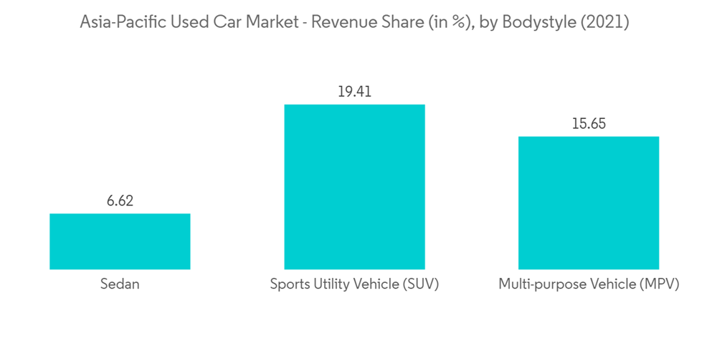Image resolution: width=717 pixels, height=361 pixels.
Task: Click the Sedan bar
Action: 120,241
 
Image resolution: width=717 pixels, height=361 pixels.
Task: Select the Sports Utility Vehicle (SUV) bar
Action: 354,187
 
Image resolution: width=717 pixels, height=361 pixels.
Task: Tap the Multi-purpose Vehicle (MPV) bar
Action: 589,203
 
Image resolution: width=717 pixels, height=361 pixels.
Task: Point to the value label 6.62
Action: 120,201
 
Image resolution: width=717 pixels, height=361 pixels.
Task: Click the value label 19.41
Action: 354,92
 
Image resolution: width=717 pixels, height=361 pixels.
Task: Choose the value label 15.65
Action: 589,124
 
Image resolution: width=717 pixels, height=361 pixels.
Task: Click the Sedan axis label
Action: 120,284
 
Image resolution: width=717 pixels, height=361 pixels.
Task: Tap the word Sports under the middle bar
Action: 289,284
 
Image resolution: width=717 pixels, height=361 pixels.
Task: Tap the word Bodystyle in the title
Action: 546,22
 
